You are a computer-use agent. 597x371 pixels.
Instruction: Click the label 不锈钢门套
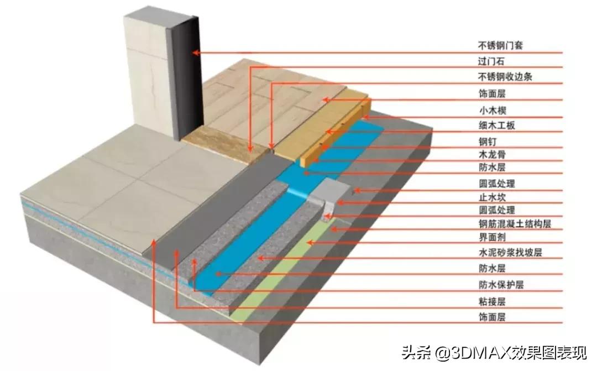500,45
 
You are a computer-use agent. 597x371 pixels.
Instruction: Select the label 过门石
491,61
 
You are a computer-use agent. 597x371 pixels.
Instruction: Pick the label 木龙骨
491,154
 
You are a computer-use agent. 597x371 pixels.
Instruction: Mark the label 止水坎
491,197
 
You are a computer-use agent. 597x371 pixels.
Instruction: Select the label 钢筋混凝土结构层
514,224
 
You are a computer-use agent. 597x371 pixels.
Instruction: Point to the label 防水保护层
500,285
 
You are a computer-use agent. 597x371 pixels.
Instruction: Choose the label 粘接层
491,302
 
